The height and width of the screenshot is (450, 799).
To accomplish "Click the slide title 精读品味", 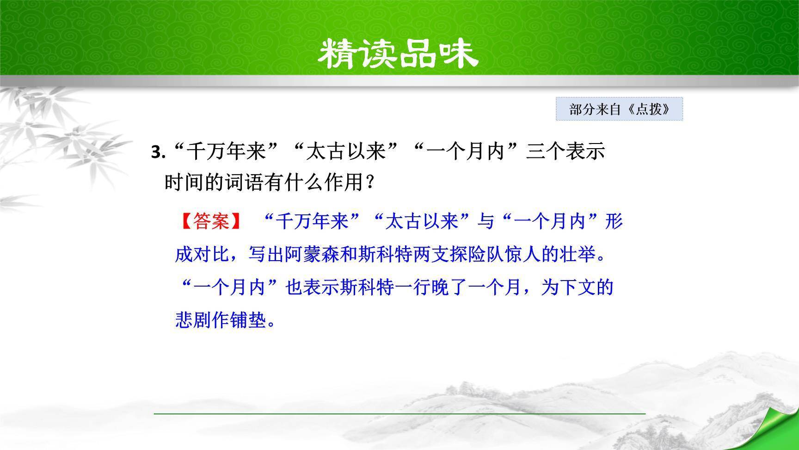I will tap(398, 54).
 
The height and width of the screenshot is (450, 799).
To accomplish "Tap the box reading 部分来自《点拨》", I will tap(619, 109).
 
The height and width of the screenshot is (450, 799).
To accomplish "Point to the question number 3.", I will tap(158, 152).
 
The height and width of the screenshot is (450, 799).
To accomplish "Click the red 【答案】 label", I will tap(210, 221).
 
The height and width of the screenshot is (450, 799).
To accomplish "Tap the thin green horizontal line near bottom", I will tap(399, 413).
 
